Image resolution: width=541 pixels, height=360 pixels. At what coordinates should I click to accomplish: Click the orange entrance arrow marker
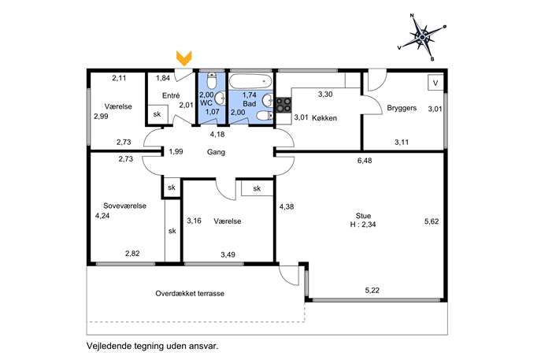[x=184, y=58]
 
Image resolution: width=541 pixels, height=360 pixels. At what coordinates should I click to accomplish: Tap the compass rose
[x=421, y=36]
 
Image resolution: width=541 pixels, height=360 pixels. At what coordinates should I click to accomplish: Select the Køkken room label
[x=324, y=118]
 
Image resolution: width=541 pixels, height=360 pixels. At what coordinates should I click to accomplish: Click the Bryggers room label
[x=402, y=108]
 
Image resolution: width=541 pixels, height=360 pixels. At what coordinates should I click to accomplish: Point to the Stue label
[x=363, y=216]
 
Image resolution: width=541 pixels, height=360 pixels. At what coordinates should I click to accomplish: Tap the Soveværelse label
[x=125, y=206]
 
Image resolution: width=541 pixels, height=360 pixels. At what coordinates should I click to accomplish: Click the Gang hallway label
[x=216, y=152]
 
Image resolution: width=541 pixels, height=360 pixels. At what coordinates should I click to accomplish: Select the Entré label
[x=171, y=95]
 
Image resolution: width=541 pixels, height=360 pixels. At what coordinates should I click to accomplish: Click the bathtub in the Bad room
[x=250, y=82]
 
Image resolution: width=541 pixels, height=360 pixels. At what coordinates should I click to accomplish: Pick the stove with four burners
[x=283, y=105]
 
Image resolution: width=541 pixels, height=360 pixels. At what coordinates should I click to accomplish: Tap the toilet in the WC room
[x=212, y=81]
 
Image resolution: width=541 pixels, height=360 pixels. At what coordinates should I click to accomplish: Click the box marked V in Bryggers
[x=435, y=83]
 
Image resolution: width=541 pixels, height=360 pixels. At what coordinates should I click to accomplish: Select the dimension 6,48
[x=365, y=161]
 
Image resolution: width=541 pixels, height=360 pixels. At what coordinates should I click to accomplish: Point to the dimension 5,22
[x=372, y=290]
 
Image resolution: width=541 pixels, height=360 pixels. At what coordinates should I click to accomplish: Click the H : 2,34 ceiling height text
[x=363, y=225]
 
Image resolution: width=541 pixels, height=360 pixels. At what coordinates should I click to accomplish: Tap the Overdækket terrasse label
[x=190, y=294]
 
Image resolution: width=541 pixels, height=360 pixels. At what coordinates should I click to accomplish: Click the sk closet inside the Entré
[x=157, y=114]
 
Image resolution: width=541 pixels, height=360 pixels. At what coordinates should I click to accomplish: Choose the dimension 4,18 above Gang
[x=217, y=134]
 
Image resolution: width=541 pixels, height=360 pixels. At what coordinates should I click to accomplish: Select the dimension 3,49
[x=228, y=254]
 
